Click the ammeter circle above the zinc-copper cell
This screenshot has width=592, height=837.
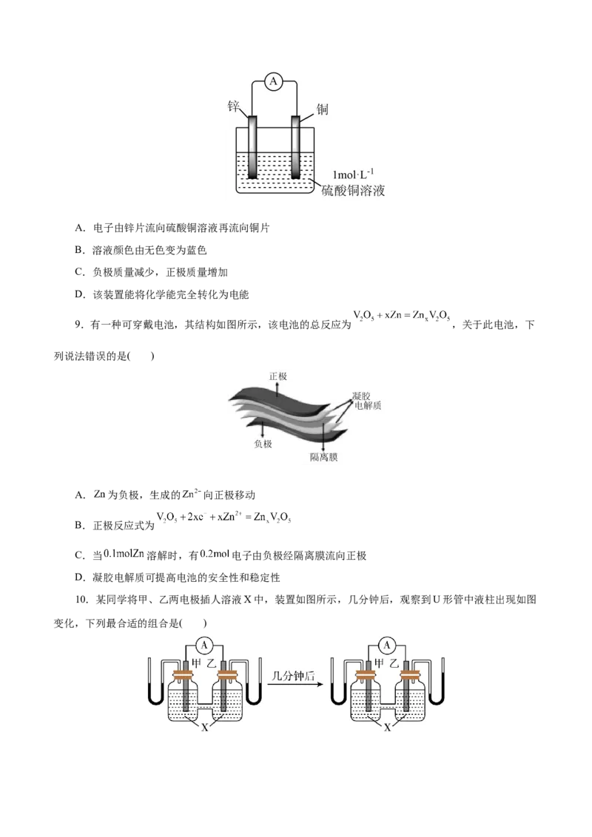coord(274,81)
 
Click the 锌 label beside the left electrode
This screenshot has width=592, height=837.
coord(234,106)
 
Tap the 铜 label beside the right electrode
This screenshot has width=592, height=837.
coord(322,109)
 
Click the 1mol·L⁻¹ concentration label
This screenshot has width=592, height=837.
coord(353,174)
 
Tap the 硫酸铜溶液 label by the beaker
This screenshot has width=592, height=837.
coord(353,191)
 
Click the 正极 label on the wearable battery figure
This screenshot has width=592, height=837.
coord(277,376)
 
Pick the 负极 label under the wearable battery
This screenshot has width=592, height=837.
coord(263,444)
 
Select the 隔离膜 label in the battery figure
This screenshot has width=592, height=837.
coord(324,458)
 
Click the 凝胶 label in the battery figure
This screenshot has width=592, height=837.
coord(361,396)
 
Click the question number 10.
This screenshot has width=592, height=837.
coord(81,600)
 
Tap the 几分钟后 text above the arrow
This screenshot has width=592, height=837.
coord(293,676)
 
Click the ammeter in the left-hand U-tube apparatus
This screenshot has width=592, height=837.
coord(204,645)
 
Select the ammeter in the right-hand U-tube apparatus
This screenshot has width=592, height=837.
coord(387,645)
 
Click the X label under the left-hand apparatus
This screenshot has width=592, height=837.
coord(205,727)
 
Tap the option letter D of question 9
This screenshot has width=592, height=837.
coord(79,577)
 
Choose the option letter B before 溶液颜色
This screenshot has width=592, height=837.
coord(79,250)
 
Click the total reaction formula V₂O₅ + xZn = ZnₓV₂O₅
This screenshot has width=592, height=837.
coord(402,316)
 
